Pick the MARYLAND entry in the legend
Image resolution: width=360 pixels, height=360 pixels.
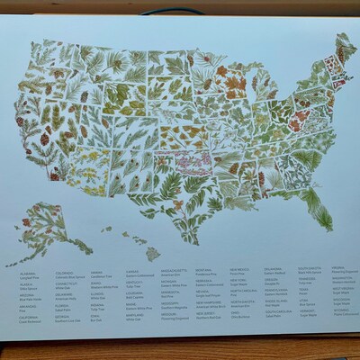click(135, 314)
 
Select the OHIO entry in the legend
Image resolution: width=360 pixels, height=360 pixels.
click(238, 311)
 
